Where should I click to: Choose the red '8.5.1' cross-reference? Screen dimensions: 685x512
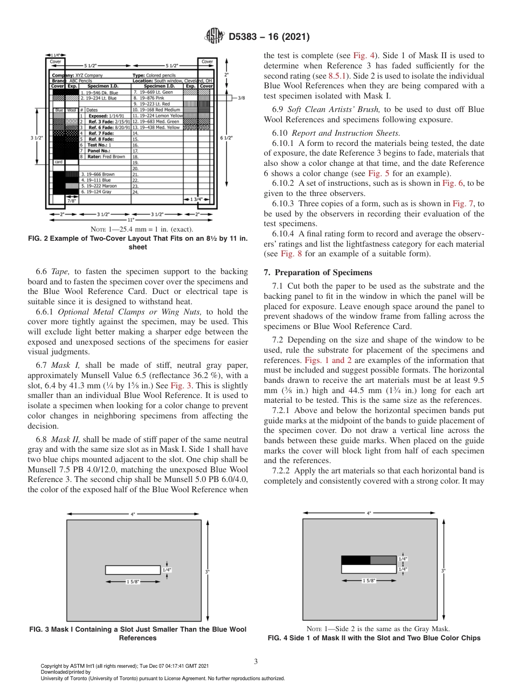click(x=339, y=76)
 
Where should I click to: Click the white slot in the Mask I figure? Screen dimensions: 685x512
click(x=133, y=570)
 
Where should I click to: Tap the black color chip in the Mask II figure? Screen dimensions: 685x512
click(x=356, y=560)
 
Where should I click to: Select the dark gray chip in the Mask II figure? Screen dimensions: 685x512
click(x=383, y=560)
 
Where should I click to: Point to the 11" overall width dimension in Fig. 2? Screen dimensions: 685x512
click(x=130, y=220)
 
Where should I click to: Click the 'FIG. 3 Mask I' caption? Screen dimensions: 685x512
click(x=138, y=633)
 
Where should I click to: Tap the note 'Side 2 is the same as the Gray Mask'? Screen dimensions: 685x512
click(x=373, y=628)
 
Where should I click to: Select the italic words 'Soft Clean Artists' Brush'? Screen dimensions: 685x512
click(x=338, y=109)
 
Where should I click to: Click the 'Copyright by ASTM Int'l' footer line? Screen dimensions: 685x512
click(x=124, y=666)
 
